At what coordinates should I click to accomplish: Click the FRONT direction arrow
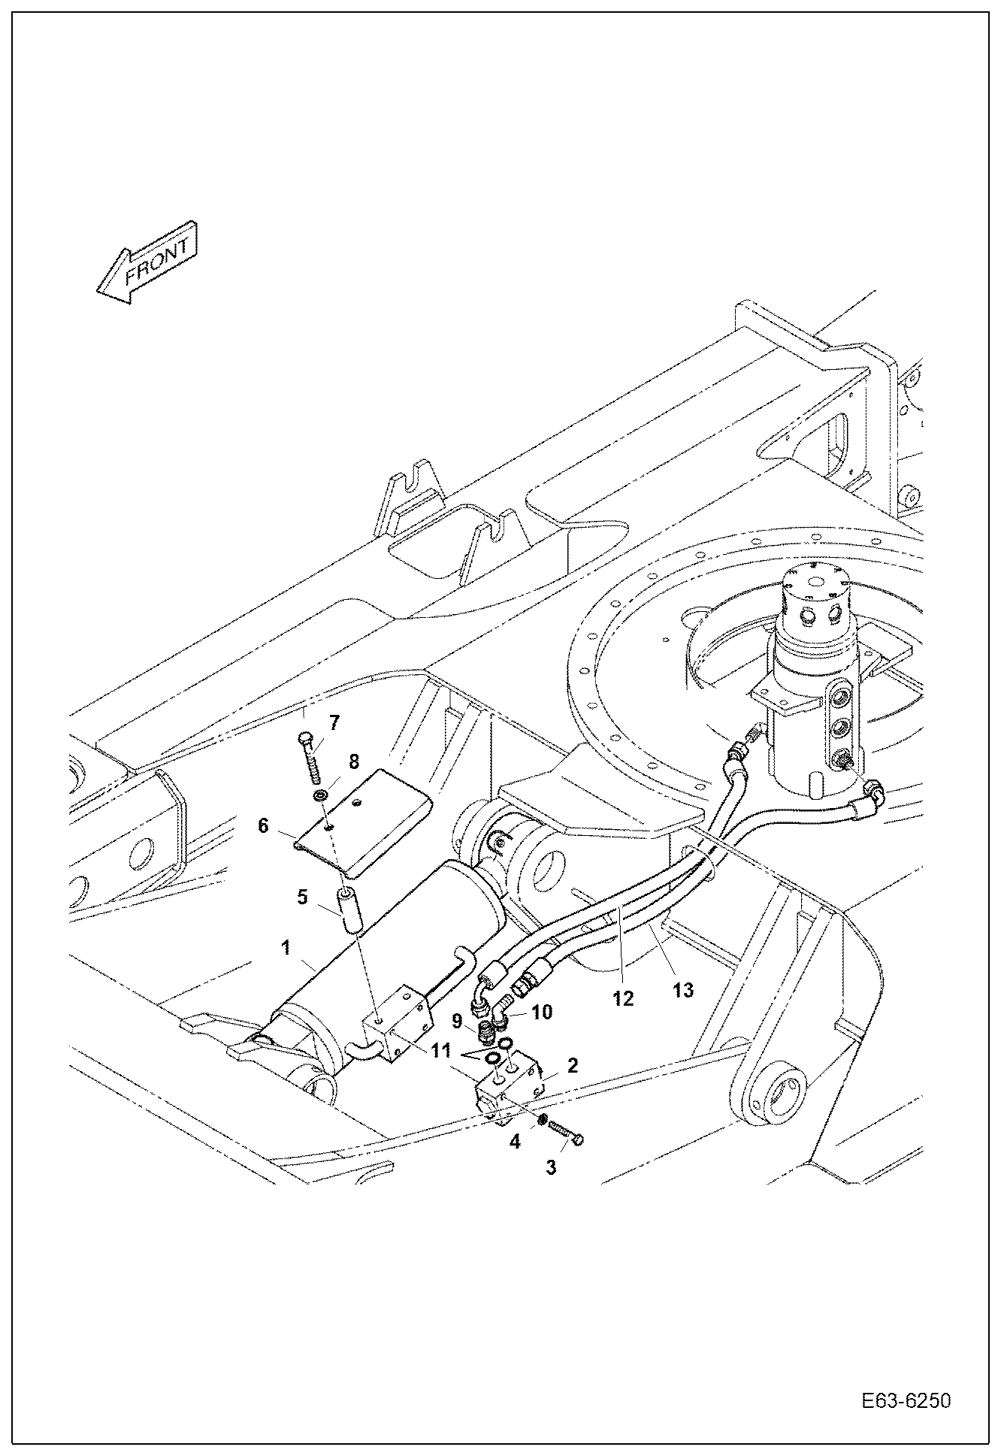(147, 262)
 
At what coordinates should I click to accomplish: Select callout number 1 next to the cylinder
(286, 948)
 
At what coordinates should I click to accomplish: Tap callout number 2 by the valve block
(572, 1065)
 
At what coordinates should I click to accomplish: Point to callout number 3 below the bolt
(551, 1167)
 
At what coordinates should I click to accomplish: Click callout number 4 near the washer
(515, 1142)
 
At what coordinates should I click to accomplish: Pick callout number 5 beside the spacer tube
(302, 897)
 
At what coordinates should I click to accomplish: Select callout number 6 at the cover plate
(263, 825)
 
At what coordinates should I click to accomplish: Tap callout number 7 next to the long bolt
(334, 723)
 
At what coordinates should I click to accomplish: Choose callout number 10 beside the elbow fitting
(542, 1013)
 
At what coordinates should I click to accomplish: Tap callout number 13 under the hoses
(682, 990)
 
